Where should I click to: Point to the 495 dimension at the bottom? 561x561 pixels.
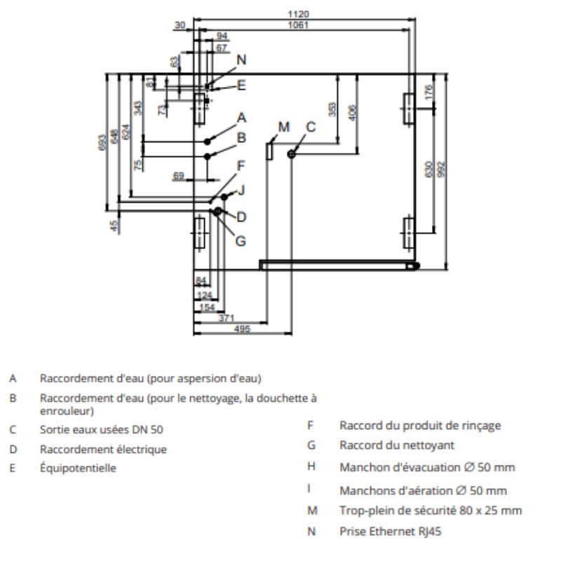243,329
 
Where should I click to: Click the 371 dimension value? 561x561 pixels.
226,318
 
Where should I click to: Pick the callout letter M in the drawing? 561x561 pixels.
283,127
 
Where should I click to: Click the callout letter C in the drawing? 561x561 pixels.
311,127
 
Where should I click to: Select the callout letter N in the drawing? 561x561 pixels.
241,60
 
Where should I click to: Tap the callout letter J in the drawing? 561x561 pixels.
241,189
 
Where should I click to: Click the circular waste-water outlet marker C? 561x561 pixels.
292,154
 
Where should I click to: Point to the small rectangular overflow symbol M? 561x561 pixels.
269,151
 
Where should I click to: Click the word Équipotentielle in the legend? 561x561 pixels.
78,468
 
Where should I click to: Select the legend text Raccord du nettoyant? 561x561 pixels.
397,445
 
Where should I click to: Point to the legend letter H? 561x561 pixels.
311,466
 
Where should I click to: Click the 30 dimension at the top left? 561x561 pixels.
181,25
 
